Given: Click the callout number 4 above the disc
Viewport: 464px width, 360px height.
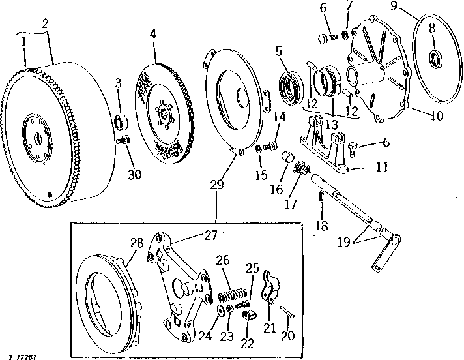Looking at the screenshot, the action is (x=152, y=35).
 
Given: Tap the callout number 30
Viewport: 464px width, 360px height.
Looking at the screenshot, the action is (x=135, y=174).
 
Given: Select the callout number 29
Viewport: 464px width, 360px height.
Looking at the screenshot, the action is (x=217, y=185).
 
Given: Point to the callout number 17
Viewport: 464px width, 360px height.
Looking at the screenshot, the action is (x=290, y=203).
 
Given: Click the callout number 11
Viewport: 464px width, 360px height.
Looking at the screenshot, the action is (x=381, y=168).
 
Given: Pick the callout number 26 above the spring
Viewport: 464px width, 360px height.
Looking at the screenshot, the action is (x=222, y=260).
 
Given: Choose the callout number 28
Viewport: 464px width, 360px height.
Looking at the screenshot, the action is (x=137, y=243).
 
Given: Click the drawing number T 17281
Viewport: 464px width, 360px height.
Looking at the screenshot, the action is (x=23, y=357).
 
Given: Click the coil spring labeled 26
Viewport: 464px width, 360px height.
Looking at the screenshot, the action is (x=232, y=295).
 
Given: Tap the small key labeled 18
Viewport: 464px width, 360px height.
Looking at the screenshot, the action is (x=321, y=196).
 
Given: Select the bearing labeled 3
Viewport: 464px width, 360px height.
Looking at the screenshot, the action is (x=121, y=122).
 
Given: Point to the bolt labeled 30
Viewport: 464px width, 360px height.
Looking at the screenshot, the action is (x=122, y=140).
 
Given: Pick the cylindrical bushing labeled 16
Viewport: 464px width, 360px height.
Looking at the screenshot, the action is (x=286, y=156).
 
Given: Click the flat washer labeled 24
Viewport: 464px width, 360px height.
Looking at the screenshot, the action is (x=221, y=310).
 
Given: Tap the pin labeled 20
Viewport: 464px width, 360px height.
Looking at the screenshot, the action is (x=287, y=312).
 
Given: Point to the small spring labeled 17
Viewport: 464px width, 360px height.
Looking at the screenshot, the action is (x=301, y=168).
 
